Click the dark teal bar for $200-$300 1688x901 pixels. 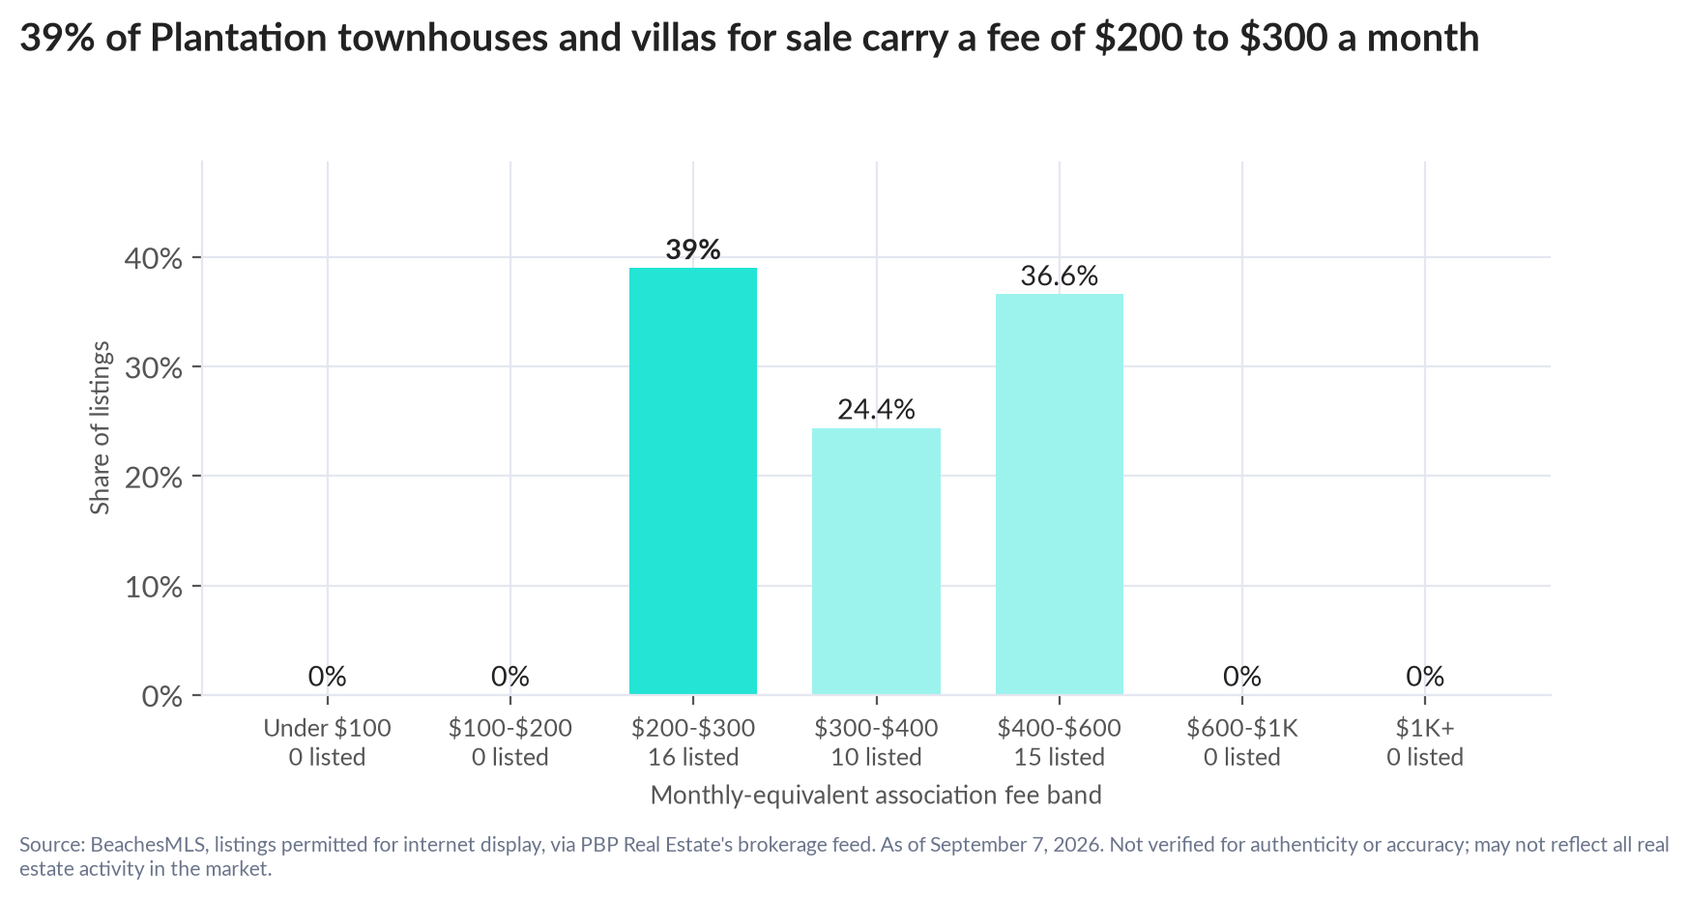point(693,480)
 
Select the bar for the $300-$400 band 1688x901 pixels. point(876,561)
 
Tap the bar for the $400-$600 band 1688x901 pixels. point(1060,494)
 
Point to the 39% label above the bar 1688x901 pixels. point(693,249)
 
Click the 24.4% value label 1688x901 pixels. point(876,410)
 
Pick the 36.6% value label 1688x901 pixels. point(1060,276)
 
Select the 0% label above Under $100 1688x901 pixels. point(327,677)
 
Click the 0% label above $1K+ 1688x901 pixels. point(1425,677)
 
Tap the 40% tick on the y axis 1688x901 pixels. point(154,258)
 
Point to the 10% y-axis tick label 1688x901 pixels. point(154,587)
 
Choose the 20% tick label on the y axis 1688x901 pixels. point(154,478)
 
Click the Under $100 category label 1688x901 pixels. point(327,728)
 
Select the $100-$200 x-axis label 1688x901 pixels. point(510,728)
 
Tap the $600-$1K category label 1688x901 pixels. point(1242,728)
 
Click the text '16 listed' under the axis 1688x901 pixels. point(693,757)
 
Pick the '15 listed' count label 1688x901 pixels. point(1060,757)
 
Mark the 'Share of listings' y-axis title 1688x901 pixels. point(101,427)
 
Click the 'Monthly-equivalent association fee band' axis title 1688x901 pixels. point(876,796)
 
